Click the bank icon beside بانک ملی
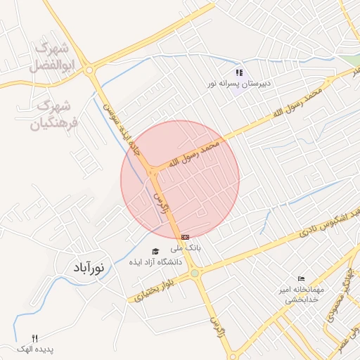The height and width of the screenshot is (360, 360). [x=185, y=237]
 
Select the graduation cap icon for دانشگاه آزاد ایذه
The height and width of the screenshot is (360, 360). [x=155, y=251]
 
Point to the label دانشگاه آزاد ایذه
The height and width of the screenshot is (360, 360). [x=155, y=262]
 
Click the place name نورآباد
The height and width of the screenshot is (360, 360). [x=89, y=268]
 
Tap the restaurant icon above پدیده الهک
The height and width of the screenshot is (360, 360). [x=35, y=338]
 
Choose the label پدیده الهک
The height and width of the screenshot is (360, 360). [x=36, y=349]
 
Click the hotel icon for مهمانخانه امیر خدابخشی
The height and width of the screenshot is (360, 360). [x=302, y=279]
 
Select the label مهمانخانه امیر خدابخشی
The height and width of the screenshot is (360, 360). [x=302, y=295]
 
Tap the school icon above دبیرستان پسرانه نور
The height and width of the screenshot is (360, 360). [x=239, y=72]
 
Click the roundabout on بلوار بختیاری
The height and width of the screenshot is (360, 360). [x=194, y=273]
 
